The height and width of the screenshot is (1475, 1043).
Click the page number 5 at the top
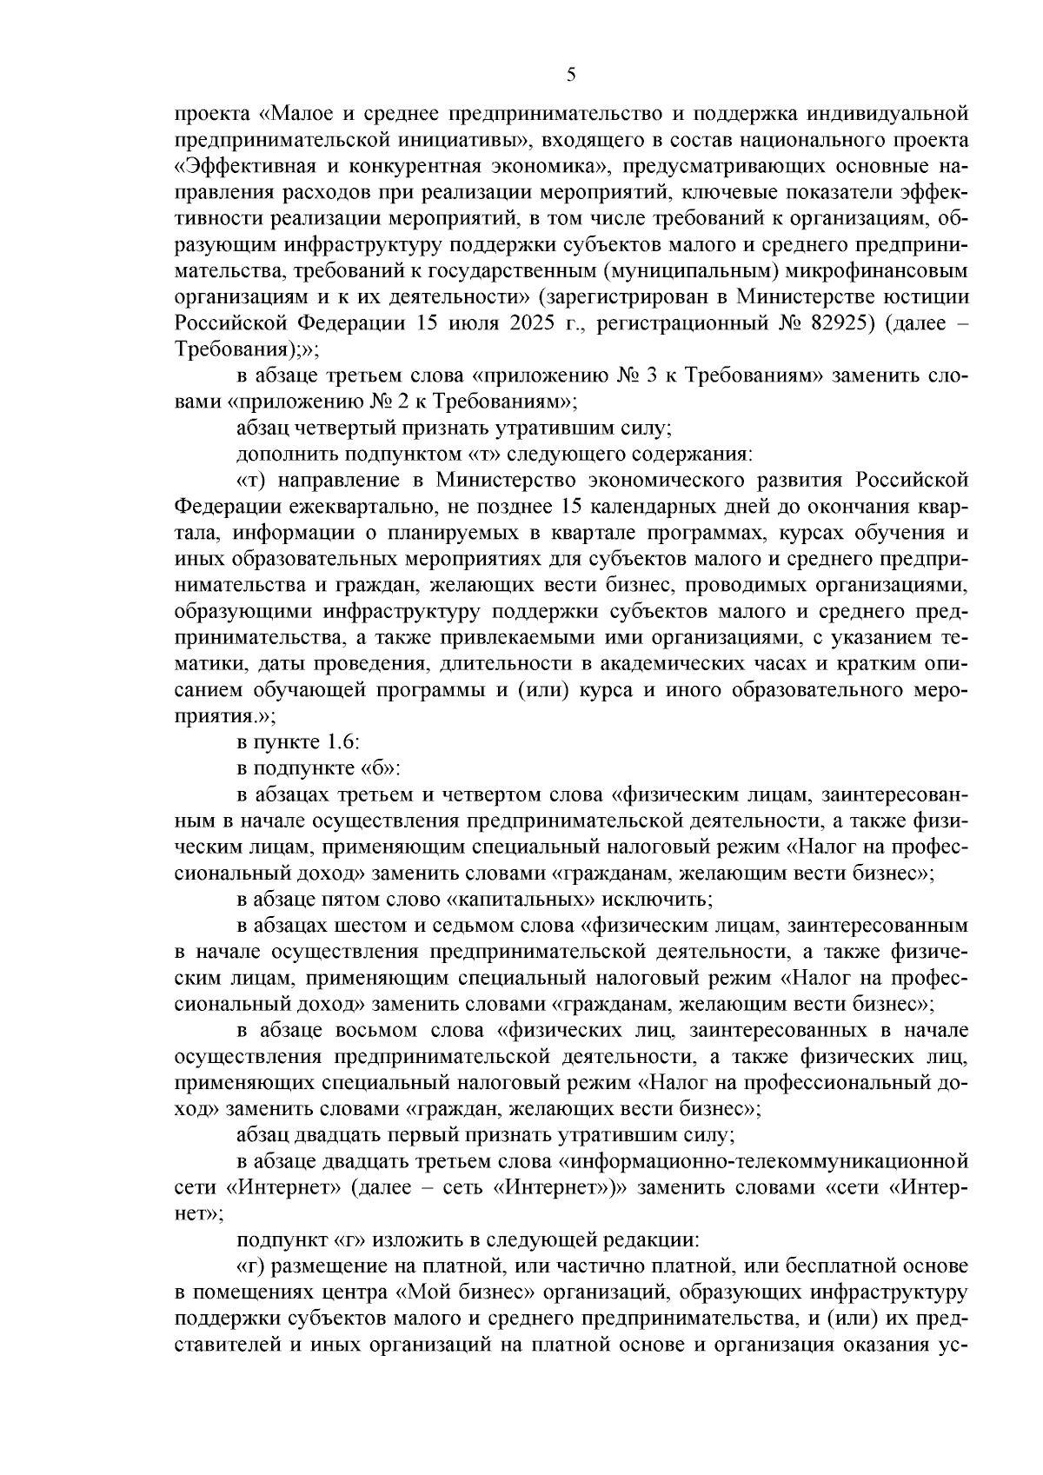pyautogui.click(x=570, y=75)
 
